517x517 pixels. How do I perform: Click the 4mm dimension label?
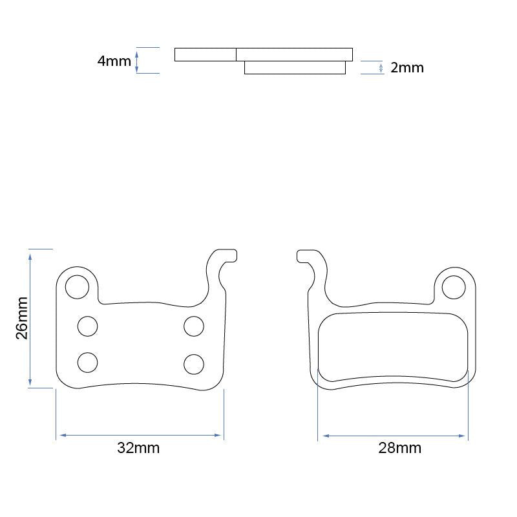pyautogui.click(x=114, y=61)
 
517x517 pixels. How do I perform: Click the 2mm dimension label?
pyautogui.click(x=407, y=68)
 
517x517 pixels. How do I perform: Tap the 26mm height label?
pyautogui.click(x=22, y=318)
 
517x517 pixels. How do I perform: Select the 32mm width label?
pyautogui.click(x=138, y=448)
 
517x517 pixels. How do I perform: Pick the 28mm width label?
pyautogui.click(x=399, y=448)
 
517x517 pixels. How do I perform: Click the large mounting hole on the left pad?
pyautogui.click(x=78, y=286)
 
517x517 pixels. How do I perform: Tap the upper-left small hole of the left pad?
pyautogui.click(x=87, y=326)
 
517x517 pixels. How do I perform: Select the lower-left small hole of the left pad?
pyautogui.click(x=87, y=363)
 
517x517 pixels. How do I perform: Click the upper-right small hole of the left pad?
pyautogui.click(x=194, y=326)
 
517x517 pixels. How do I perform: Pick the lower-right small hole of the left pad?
pyautogui.click(x=194, y=364)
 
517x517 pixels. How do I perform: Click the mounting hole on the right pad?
pyautogui.click(x=454, y=287)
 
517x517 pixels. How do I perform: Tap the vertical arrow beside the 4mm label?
pyautogui.click(x=137, y=61)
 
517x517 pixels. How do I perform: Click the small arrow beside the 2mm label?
pyautogui.click(x=381, y=68)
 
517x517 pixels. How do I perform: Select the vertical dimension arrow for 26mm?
pyautogui.click(x=30, y=319)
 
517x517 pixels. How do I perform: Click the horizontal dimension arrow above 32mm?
pyautogui.click(x=140, y=436)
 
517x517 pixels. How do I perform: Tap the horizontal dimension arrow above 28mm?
pyautogui.click(x=394, y=436)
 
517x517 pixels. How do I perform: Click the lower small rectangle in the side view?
pyautogui.click(x=295, y=67)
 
